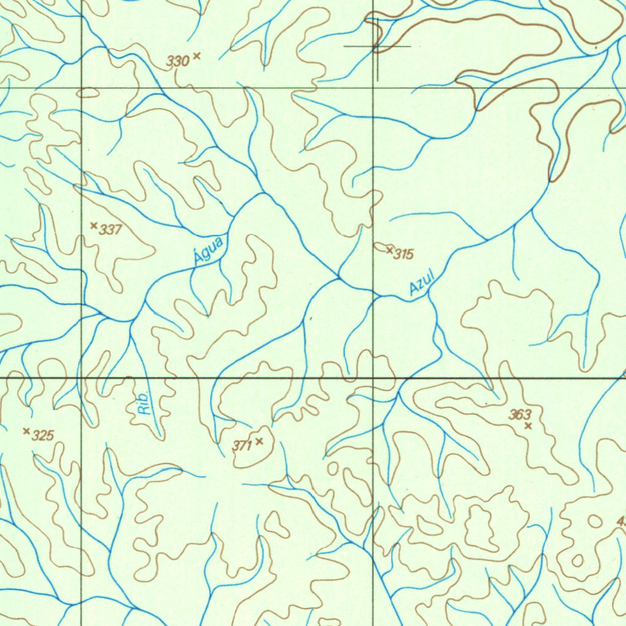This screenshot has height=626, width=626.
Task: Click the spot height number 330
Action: coord(178,61)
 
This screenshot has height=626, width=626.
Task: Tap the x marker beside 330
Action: coord(196,56)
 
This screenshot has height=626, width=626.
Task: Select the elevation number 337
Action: coord(111,230)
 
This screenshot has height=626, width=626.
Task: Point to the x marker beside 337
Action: coord(94,226)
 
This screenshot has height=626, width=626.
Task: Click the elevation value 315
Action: coord(403,254)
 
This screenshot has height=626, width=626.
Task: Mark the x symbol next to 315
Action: coord(389,249)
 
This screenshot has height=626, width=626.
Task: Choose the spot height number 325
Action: coord(43,436)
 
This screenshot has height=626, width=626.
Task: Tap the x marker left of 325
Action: coord(26,431)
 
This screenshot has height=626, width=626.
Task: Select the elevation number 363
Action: coord(520,415)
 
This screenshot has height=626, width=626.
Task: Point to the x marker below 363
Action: coord(528,425)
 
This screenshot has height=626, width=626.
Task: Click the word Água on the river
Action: coord(208,251)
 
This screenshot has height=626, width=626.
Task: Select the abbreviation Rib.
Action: coord(144,403)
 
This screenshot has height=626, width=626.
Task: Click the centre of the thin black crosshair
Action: coord(377,46)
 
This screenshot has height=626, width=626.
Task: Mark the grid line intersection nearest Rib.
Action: coord(82,378)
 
